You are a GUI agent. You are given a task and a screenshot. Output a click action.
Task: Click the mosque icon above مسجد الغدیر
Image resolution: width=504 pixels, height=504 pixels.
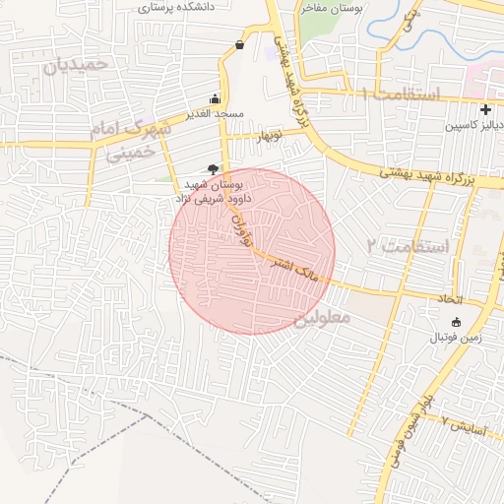(215, 98)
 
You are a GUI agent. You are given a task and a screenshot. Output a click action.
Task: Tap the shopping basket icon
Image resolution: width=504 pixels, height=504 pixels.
(241, 44)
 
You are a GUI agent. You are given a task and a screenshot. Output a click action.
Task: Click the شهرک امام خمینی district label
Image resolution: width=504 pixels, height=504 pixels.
(123, 141)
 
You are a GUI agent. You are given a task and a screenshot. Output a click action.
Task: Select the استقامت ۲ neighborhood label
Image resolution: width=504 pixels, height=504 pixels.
(407, 245)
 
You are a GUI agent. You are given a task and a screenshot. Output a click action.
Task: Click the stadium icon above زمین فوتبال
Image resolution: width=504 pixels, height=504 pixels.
(455, 322)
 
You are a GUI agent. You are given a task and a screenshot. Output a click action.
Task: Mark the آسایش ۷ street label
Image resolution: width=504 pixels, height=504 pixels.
(461, 424)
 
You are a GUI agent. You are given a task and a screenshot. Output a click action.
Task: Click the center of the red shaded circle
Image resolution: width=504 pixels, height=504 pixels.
(252, 251)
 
